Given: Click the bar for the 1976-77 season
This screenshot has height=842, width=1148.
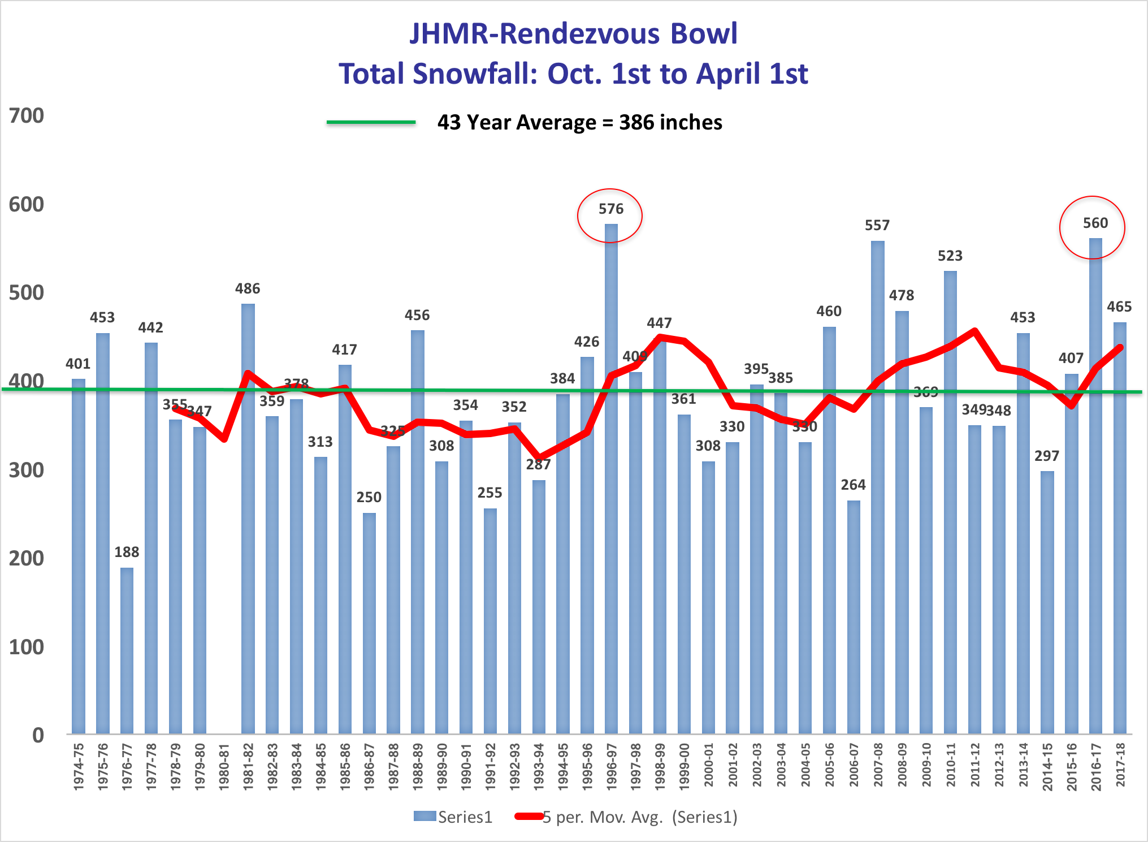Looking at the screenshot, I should click(127, 650).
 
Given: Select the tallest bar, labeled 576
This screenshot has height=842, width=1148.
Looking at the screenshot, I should click(611, 481).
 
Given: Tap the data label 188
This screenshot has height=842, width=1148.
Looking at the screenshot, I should click(127, 552).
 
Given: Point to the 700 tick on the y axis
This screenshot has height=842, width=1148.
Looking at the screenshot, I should click(27, 115).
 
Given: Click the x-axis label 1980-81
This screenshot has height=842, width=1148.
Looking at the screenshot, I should click(224, 766).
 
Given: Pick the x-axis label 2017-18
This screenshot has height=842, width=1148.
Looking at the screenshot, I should click(1120, 766).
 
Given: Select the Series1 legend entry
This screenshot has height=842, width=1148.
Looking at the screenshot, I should click(453, 817).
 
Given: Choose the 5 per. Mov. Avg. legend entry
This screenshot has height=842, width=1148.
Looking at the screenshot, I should click(626, 817).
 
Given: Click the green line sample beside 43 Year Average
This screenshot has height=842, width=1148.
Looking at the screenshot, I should click(371, 122).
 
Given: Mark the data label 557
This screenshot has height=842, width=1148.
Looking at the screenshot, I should click(877, 225).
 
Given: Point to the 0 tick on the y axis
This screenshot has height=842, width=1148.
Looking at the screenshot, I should click(38, 735).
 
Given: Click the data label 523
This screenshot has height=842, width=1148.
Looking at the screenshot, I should click(950, 256).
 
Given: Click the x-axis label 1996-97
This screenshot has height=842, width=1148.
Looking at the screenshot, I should click(611, 766).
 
